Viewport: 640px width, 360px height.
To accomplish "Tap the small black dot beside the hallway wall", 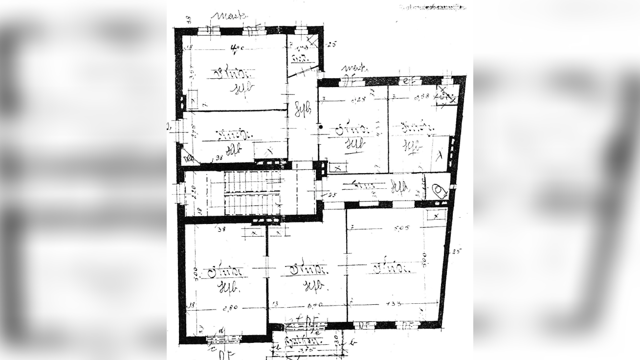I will point(321,127).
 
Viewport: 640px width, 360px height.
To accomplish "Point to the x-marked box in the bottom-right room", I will point(435,215).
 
